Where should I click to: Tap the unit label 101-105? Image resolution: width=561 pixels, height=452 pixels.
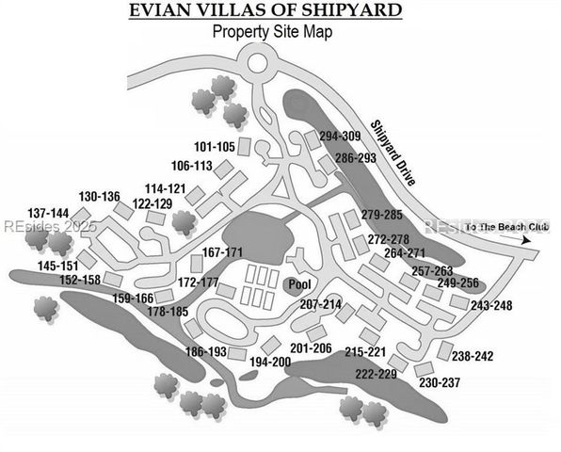[214, 147]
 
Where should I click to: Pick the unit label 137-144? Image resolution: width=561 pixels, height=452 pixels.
[48, 213]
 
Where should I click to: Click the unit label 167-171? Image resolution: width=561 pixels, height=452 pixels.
[222, 252]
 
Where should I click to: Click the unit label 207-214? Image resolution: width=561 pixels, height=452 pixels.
[320, 304]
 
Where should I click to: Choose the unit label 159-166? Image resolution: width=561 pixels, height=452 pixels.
[133, 299]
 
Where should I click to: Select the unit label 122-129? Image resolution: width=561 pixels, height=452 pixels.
[152, 202]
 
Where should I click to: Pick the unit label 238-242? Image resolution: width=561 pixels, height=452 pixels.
[473, 356]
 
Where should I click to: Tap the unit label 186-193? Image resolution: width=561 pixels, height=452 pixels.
[206, 352]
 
